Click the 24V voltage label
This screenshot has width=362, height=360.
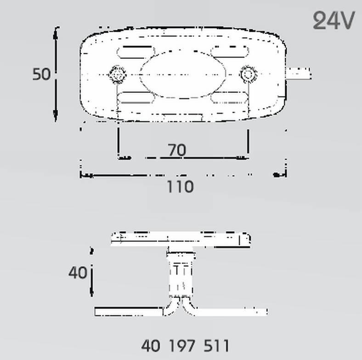334,20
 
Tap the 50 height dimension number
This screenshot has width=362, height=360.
41,74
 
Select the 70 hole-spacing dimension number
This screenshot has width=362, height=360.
176,150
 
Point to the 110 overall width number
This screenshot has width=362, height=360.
180,186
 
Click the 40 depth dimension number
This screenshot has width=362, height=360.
78,273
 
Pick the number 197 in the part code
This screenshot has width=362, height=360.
182,346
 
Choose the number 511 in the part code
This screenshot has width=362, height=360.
216,346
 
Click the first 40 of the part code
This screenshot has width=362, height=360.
151,346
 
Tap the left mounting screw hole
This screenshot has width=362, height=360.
118,74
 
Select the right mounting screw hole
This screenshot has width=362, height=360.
248,74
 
